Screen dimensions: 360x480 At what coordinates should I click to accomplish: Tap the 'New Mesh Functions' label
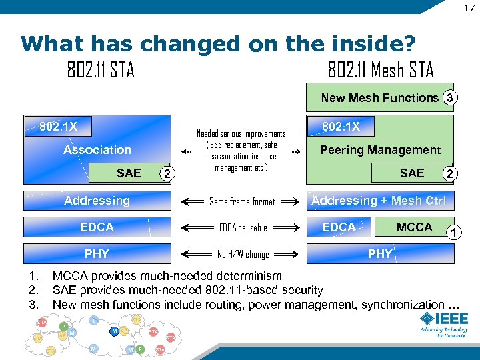379,98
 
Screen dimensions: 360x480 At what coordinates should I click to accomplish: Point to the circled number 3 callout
451,98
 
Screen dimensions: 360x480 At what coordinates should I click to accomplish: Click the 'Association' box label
97,150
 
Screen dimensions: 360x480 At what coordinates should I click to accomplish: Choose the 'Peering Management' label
380,150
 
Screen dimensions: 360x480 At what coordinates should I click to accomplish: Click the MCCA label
414,227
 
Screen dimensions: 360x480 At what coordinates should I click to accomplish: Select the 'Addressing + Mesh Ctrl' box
379,201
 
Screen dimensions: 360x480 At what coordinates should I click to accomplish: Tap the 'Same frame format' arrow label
242,201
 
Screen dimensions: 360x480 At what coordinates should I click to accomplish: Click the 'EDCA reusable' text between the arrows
243,228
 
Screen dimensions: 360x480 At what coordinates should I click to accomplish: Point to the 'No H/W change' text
243,254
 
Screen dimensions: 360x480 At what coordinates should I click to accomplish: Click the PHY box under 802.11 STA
97,254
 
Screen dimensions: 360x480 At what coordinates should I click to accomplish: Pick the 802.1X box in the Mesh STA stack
341,127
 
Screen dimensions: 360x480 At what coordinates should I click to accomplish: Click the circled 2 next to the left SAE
167,174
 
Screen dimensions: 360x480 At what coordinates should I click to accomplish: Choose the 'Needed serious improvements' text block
241,151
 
